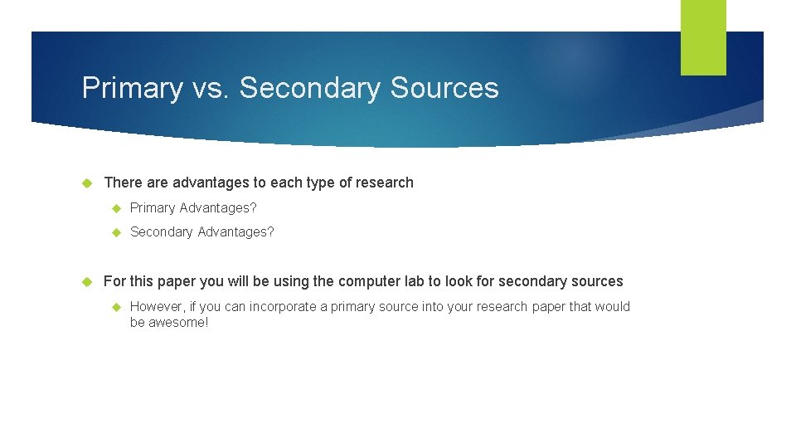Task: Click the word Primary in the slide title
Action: (x=132, y=88)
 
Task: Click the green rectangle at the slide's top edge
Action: (x=703, y=37)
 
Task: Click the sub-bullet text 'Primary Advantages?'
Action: (x=193, y=207)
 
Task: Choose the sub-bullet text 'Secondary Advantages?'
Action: (x=201, y=232)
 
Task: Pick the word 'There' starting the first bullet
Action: (x=123, y=183)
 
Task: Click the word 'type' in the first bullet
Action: (x=321, y=183)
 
